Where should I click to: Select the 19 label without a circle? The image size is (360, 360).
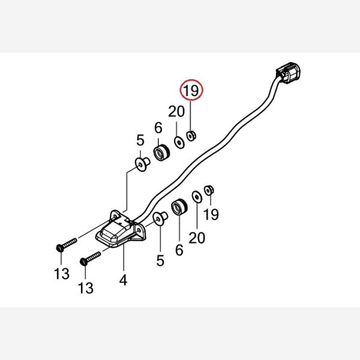[211, 214]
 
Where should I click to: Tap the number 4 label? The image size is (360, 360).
[123, 280]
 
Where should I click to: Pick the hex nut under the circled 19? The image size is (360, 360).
[191, 136]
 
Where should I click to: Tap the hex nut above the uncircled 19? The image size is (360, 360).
[209, 190]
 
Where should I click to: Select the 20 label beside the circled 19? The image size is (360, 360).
[176, 112]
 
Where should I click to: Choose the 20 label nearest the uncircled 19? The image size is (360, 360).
[197, 238]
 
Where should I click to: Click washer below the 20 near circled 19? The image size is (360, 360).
[179, 143]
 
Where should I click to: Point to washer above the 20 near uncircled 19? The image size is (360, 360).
[197, 197]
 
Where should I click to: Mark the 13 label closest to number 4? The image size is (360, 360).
[86, 288]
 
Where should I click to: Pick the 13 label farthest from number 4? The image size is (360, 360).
[62, 274]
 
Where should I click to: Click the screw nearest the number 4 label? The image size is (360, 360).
[90, 259]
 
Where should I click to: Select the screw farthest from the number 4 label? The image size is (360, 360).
[67, 245]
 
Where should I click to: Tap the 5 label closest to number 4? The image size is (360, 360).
[160, 260]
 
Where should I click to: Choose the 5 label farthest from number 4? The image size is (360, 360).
[140, 140]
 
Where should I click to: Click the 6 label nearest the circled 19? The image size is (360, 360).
[158, 127]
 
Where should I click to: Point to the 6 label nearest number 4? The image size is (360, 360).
[179, 250]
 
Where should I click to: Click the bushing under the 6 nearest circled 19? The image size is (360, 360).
[161, 152]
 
